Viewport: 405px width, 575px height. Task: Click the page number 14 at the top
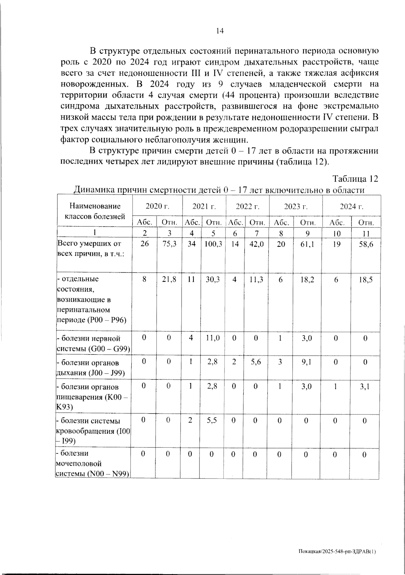tap(219, 31)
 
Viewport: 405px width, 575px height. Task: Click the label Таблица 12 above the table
tap(355, 179)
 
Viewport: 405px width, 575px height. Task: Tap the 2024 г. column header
tap(351, 207)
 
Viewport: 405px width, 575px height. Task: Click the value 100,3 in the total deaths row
tap(213, 244)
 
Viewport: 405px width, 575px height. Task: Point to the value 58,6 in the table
tap(366, 244)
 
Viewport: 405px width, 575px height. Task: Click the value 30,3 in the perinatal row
tap(213, 279)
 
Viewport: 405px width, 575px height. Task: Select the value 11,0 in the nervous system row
tap(213, 338)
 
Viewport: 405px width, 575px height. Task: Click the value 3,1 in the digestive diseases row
tap(365, 386)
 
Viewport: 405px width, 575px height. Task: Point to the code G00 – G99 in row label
tap(109, 349)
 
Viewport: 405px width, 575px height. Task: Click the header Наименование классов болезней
tap(95, 211)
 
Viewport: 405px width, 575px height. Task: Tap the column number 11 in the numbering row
tap(366, 233)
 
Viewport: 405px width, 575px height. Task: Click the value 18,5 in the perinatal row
tap(366, 279)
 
